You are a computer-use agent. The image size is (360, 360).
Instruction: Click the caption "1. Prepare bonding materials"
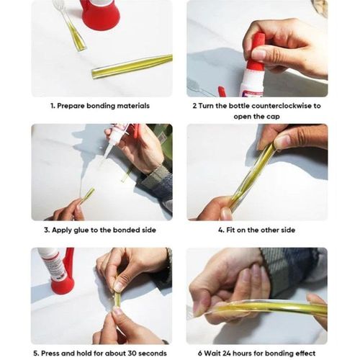pos(100,105)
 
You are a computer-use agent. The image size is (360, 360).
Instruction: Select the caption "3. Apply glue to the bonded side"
pos(100,230)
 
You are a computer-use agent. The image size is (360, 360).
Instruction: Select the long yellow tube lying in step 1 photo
pos(131,66)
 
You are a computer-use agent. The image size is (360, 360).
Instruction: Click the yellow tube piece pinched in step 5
pos(116,297)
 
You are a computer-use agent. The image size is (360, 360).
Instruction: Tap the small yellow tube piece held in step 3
pos(86,195)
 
